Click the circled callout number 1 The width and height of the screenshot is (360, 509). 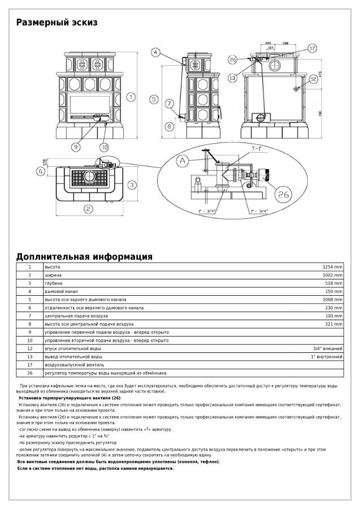pos(131,97)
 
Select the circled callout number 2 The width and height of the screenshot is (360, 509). pos(88,209)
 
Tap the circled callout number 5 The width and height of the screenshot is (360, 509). pos(153,99)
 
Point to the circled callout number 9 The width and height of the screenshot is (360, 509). pos(76,146)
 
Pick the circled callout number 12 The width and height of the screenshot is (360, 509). pos(313,80)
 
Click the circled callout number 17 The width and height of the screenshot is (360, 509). pos(313,49)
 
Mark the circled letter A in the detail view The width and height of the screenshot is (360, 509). pos(182,161)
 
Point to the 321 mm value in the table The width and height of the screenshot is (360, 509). pos(334,324)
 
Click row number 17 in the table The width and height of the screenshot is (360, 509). pos(30,365)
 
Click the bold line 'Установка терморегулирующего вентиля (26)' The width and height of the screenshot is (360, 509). pos(66,398)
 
